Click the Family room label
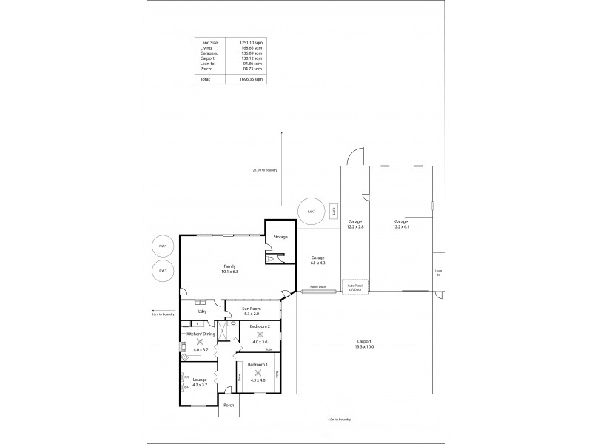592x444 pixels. (229, 269)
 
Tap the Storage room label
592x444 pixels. (280, 237)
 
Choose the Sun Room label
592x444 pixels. (252, 311)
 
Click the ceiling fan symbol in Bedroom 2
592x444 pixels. (259, 334)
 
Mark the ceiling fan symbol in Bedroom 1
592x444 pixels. (258, 373)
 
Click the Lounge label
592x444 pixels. (200, 381)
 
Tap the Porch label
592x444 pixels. (228, 406)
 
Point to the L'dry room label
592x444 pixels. (201, 312)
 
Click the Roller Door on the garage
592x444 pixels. (318, 291)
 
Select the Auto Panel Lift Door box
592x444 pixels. (355, 287)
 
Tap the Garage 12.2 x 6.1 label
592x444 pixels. (401, 224)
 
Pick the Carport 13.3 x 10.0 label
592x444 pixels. (364, 343)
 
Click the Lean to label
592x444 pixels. (438, 272)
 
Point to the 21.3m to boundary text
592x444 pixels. (265, 170)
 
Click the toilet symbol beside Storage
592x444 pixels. (273, 258)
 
